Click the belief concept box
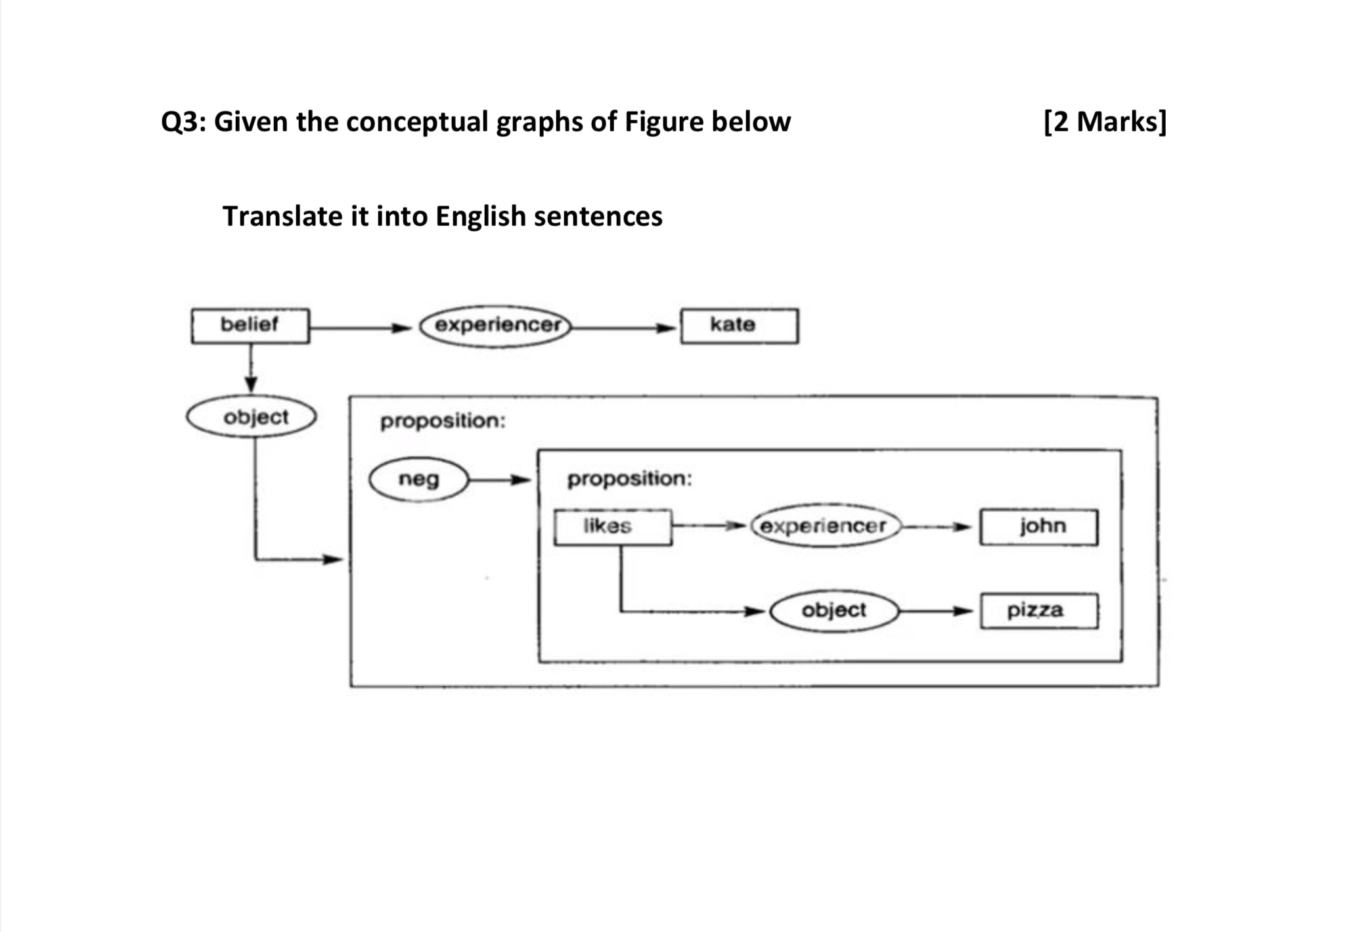[250, 326]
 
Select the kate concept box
[739, 326]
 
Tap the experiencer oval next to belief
[496, 326]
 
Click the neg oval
[419, 479]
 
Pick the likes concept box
[612, 527]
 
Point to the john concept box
[1038, 527]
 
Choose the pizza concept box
[1038, 611]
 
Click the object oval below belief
[252, 417]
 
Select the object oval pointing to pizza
[833, 611]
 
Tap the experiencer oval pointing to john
[825, 526]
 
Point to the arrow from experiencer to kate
[624, 328]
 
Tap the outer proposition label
[443, 421]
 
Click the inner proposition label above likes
[629, 479]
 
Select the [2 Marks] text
[1105, 122]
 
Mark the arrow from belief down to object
[250, 368]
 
